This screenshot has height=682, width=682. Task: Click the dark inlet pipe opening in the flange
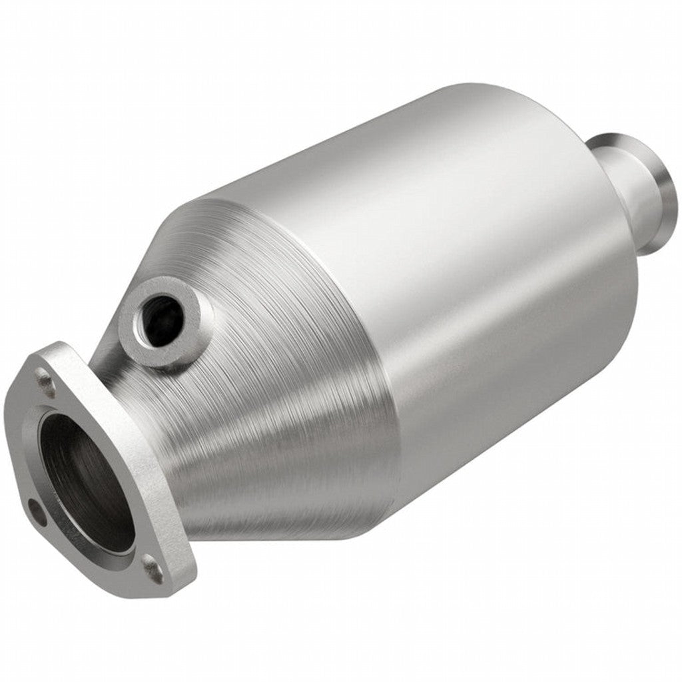tap(83, 480)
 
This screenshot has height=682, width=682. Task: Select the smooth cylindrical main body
tap(466, 266)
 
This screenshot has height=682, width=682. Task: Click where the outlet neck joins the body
tap(616, 220)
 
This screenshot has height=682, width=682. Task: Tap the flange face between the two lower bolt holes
tap(93, 556)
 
